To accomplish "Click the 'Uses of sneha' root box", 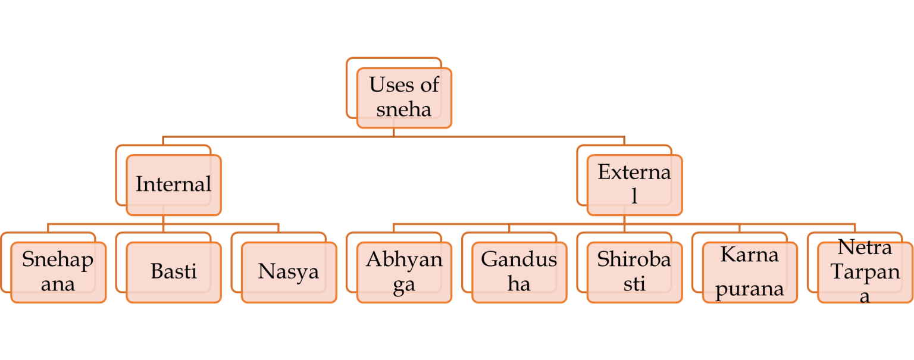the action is pos(404,98).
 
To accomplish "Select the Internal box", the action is pos(174,185).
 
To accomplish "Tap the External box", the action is pos(634,185).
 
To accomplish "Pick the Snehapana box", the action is pos(58,273).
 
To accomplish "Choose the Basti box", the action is pos(174,273).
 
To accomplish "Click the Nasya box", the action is pos(289,273).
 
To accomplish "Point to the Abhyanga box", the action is pos(404,273).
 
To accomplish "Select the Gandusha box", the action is pos(519,273).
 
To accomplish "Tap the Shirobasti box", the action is pos(634,273).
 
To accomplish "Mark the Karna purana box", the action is pos(750,273).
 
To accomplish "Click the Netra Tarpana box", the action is pos(865,273).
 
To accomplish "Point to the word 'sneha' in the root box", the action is pos(403,109).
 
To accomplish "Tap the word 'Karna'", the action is pos(750,255).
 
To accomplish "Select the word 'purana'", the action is pos(750,289).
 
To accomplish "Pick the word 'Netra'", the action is pos(865,248).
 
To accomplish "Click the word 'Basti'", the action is pos(174,271).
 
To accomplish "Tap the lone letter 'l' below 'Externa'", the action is pos(634,196).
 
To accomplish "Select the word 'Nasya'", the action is pos(289,273).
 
